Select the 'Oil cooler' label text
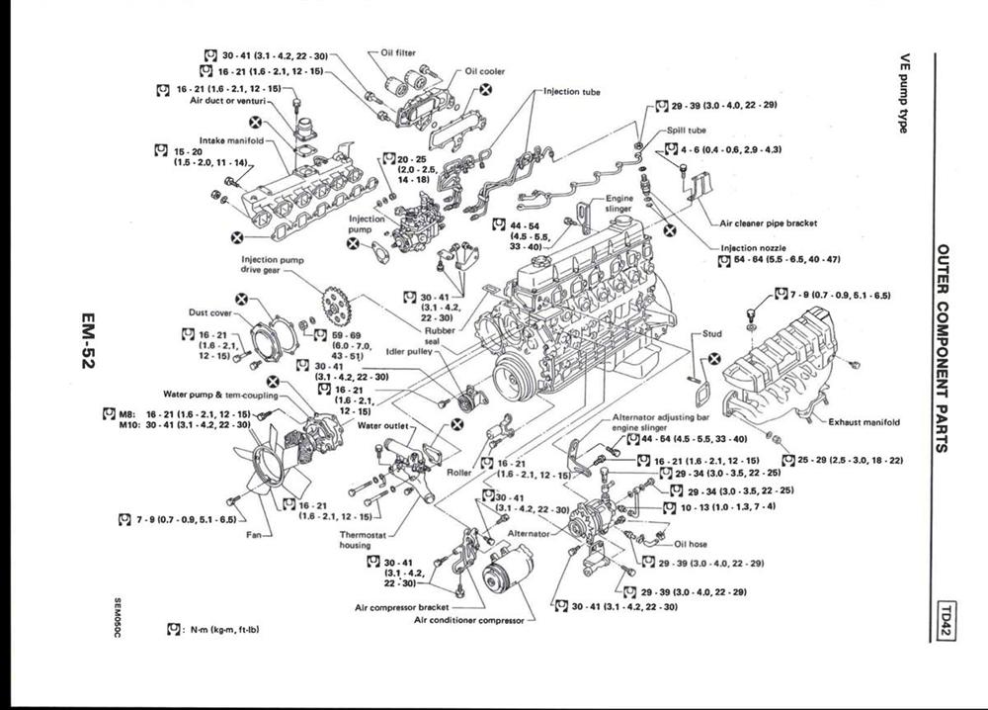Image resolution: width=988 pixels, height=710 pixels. [484, 71]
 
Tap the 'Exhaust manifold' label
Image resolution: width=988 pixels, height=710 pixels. [864, 422]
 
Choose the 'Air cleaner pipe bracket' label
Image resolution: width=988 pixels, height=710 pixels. [769, 223]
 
